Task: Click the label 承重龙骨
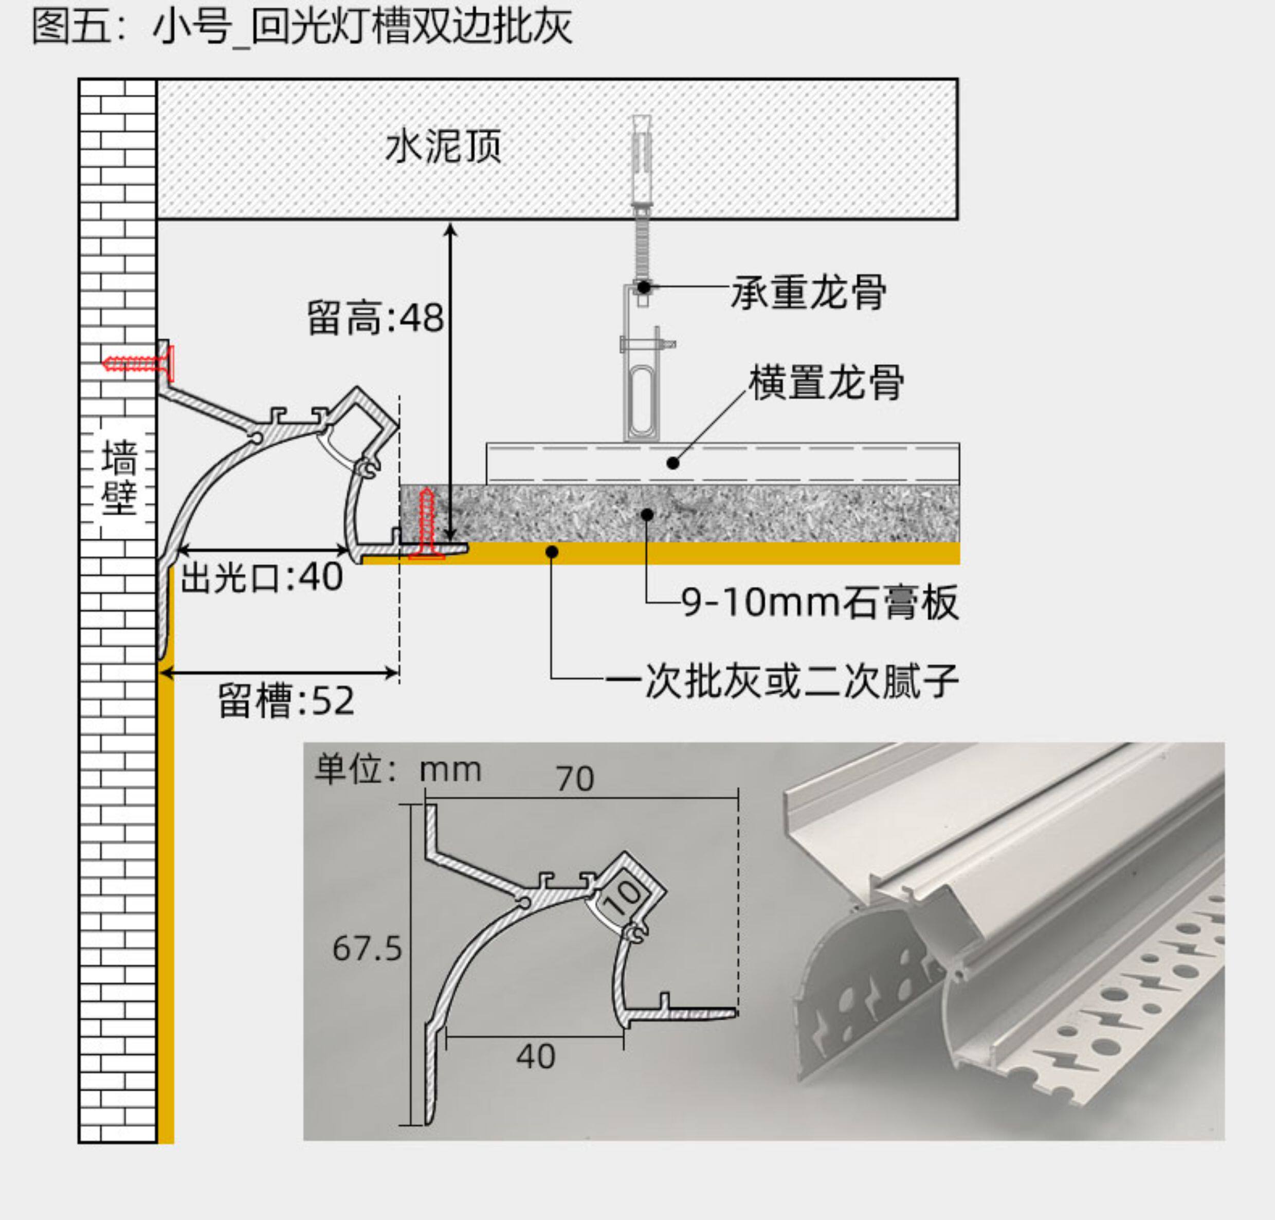point(809,292)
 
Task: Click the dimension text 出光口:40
point(261,578)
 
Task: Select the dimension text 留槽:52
point(286,701)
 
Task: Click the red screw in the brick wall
point(138,364)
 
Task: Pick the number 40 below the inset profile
point(536,1057)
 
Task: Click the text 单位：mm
point(398,770)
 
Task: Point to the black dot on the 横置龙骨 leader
point(673,463)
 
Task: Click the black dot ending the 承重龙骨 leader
point(644,286)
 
